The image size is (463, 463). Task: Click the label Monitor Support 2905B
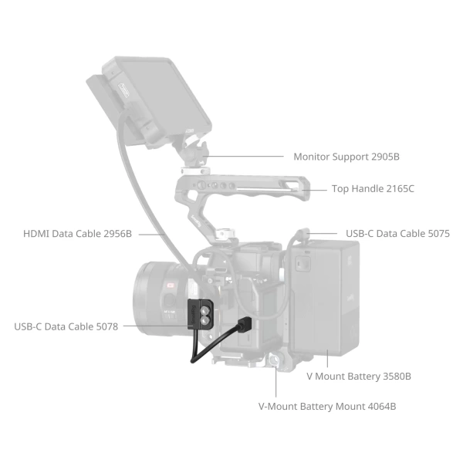point(346,157)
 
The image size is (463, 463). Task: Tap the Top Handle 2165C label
point(373,188)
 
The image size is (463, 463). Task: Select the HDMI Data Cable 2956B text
point(77,233)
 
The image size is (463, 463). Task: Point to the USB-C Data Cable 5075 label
point(397,233)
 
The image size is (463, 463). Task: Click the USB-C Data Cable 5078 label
point(66,326)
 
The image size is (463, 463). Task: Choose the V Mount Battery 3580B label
point(359,377)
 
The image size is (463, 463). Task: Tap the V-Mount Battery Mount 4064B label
point(327,405)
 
